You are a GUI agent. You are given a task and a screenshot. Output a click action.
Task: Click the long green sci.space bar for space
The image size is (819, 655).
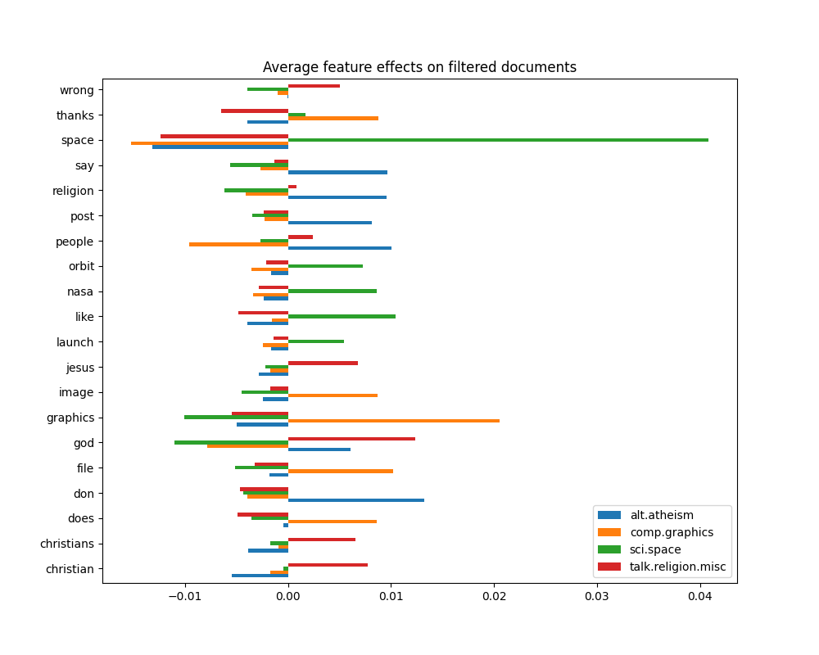498,140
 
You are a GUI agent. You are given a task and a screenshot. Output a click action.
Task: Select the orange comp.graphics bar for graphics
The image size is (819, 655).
394,421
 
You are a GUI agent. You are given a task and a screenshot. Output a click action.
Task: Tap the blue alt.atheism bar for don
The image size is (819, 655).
356,499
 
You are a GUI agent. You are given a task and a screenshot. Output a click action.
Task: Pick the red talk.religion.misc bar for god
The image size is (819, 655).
351,439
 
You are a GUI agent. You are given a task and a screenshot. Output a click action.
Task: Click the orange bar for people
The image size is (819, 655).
238,244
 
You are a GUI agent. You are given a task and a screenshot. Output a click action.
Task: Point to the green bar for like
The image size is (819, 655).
342,316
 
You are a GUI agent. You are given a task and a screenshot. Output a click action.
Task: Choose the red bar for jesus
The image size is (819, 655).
323,363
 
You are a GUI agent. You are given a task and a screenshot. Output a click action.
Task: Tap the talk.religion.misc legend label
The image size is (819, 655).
677,567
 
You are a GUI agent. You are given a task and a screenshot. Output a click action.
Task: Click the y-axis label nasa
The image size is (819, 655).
79,291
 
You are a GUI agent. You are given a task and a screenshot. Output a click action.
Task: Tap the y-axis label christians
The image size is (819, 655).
67,544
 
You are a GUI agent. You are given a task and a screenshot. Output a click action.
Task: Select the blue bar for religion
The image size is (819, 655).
337,197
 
